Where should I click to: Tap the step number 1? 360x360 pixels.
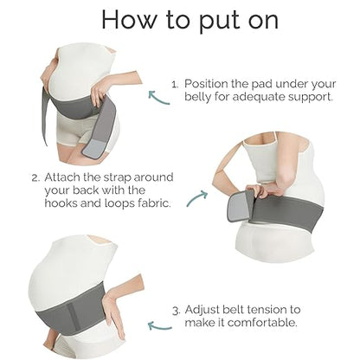tap(175, 85)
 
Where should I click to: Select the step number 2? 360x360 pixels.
tap(35, 178)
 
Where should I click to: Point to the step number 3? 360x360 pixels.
tap(177, 311)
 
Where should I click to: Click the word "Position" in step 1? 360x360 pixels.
tap(206, 84)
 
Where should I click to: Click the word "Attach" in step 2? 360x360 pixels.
tap(62, 177)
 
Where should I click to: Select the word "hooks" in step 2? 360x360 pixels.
tap(61, 203)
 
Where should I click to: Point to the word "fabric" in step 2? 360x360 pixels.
tap(155, 203)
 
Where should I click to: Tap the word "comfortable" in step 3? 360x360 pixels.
tap(262, 322)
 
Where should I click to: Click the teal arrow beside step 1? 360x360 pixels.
tap(158, 98)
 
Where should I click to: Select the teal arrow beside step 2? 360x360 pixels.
tap(197, 198)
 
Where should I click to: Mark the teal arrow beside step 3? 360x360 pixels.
tap(159, 326)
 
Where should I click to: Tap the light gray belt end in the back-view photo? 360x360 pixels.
tap(237, 205)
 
